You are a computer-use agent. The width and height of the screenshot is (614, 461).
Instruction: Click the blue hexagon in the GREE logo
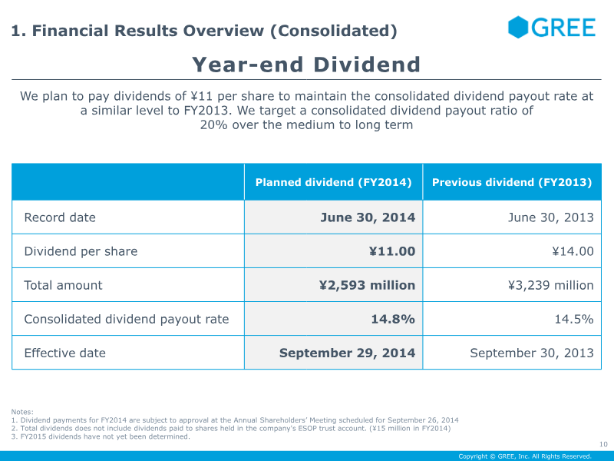pyautogui.click(x=517, y=27)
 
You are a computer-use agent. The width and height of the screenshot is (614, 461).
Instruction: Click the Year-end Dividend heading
pyautogui.click(x=306, y=65)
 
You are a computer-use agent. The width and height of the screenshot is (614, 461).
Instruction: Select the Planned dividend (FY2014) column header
pyautogui.click(x=333, y=182)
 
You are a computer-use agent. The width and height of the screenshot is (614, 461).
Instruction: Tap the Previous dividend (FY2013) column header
pyautogui.click(x=512, y=182)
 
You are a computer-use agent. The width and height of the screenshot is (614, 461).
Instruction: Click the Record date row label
pyautogui.click(x=60, y=217)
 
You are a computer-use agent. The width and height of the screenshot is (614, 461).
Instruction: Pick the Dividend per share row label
pyautogui.click(x=81, y=251)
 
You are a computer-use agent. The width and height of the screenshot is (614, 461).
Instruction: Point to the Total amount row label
pyautogui.click(x=63, y=285)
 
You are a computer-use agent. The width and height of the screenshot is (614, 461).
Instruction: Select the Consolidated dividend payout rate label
pyautogui.click(x=127, y=319)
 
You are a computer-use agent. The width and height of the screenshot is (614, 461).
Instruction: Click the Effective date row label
pyautogui.click(x=65, y=353)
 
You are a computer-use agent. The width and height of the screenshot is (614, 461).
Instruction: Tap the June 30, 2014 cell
pyautogui.click(x=368, y=217)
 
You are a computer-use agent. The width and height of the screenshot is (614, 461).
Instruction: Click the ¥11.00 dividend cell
pyautogui.click(x=392, y=251)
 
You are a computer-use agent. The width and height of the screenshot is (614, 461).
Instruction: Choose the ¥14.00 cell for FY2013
pyautogui.click(x=573, y=251)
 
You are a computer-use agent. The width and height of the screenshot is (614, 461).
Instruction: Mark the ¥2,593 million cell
pyautogui.click(x=368, y=285)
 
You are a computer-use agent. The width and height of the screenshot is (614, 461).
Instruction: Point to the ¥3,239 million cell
pyautogui.click(x=551, y=285)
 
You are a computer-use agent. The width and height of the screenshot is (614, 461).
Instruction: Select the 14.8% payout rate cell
pyautogui.click(x=393, y=319)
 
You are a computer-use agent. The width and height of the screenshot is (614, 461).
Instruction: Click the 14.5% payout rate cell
pyautogui.click(x=574, y=319)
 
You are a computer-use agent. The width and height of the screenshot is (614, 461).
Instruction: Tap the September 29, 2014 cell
pyautogui.click(x=347, y=353)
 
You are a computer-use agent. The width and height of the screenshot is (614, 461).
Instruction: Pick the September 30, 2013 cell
pyautogui.click(x=532, y=353)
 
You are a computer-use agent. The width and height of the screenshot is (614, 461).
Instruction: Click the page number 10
pyautogui.click(x=603, y=444)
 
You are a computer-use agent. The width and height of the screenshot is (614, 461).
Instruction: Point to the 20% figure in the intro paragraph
pyautogui.click(x=214, y=124)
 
